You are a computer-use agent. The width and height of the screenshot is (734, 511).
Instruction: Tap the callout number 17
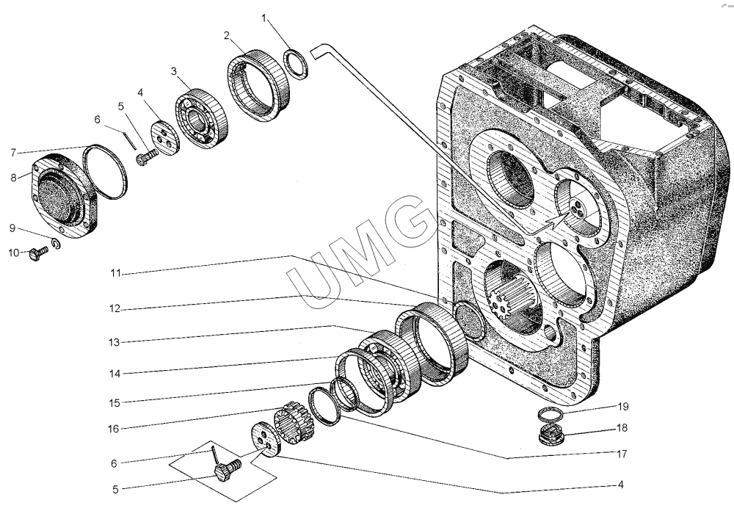pos(622,454)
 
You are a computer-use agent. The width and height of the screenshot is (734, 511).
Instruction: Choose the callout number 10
pos(15,254)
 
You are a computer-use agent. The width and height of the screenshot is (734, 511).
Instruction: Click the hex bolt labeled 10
pos(36,253)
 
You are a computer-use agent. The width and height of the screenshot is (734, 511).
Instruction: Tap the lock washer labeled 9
pos(57,243)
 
